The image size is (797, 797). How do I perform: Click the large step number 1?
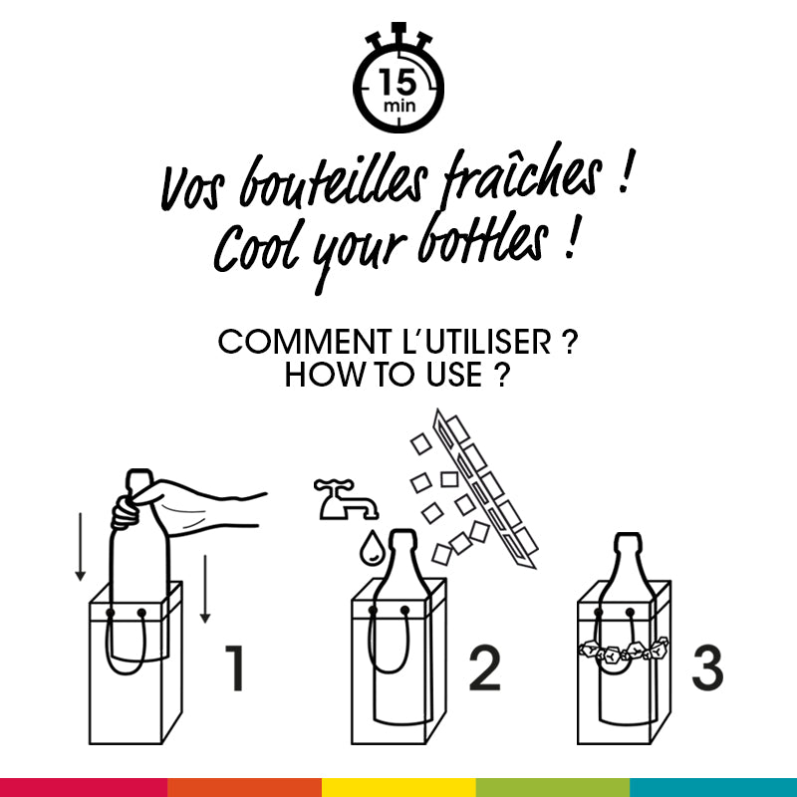coord(234,668)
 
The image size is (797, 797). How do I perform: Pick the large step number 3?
coord(706,668)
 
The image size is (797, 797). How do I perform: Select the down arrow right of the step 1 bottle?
coord(204,589)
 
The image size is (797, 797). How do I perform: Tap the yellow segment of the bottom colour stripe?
coord(398,787)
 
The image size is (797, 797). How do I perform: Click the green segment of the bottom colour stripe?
coord(553,787)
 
